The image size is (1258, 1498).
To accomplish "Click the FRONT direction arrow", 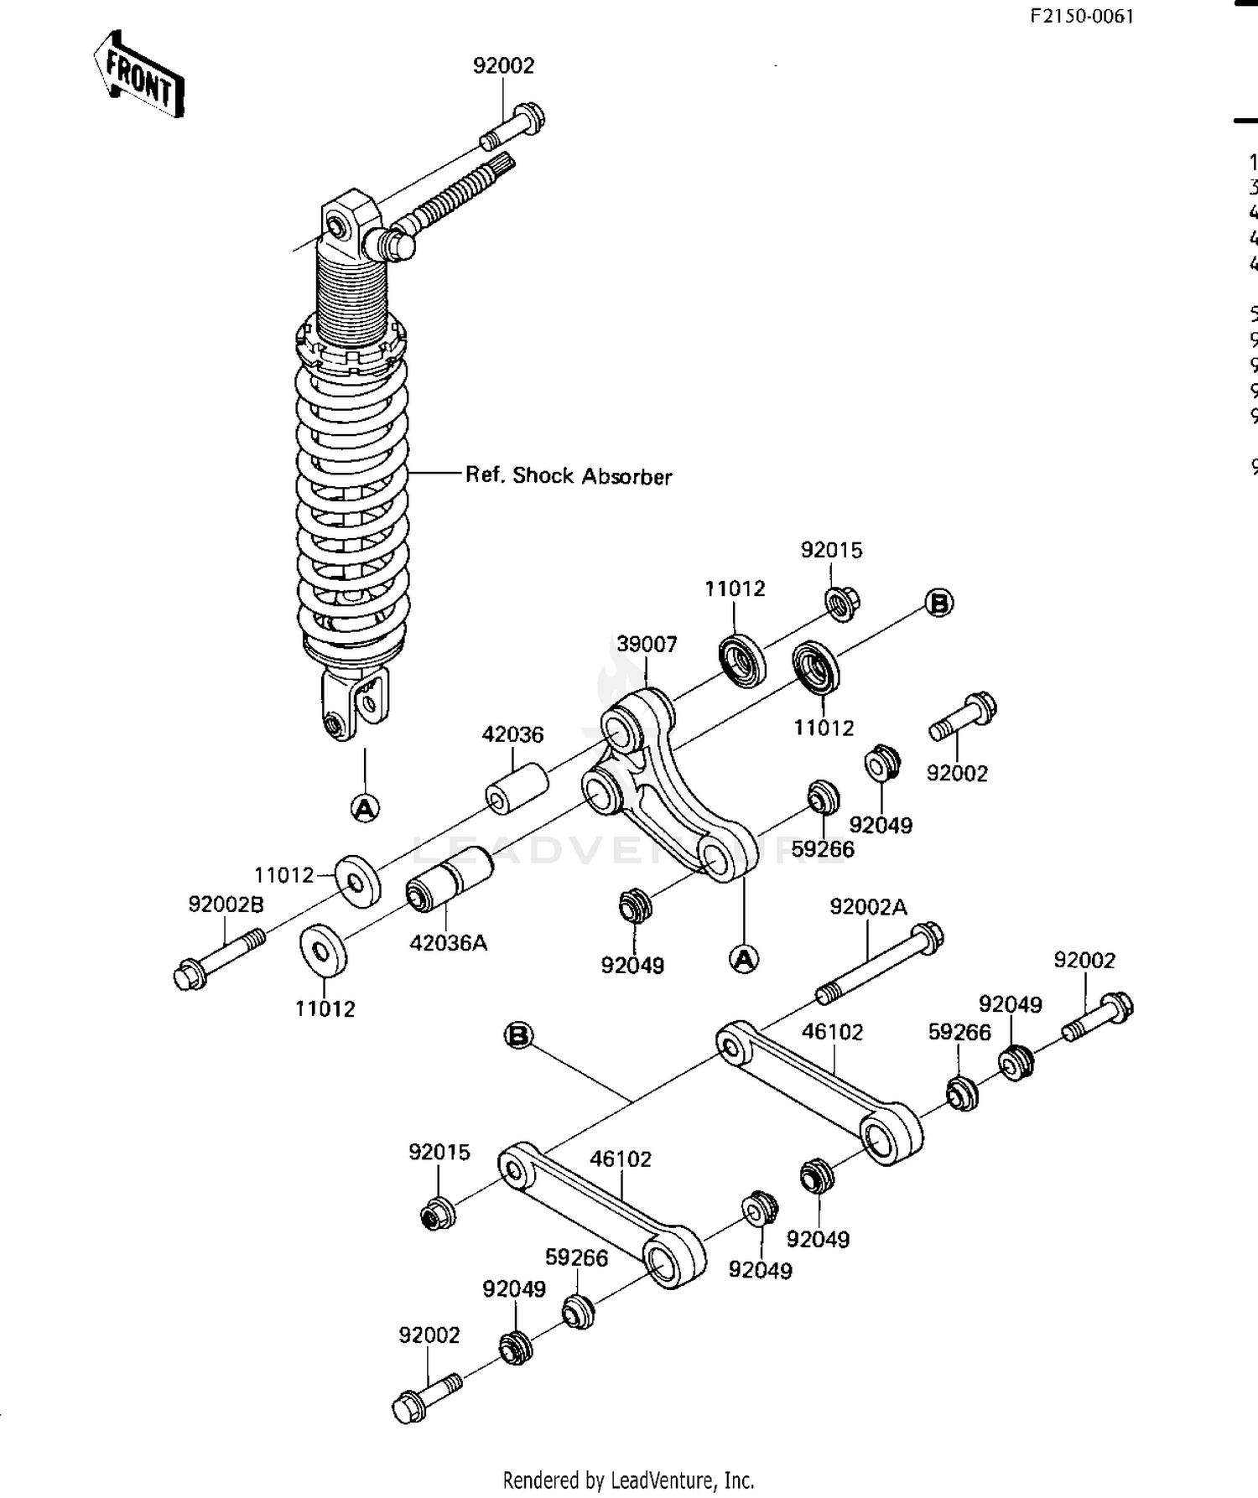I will click(138, 75).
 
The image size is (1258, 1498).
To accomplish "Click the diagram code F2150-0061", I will click(1082, 16).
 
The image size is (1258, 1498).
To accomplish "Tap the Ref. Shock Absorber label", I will click(569, 475).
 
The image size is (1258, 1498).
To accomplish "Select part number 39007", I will click(647, 644).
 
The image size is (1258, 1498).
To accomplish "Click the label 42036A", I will click(448, 942).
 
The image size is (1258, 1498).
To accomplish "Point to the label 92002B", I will click(226, 904).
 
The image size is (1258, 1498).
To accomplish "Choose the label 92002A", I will click(869, 906).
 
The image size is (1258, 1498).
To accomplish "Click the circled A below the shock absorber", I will click(365, 807).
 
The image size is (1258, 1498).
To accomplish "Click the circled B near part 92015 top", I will click(939, 603).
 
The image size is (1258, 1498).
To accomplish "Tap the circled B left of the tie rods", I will click(519, 1035).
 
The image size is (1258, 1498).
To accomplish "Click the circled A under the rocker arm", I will click(744, 958).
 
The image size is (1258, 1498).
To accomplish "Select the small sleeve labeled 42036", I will click(517, 788).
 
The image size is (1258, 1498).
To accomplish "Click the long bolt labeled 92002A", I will click(881, 964).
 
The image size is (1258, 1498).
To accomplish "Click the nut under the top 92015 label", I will click(842, 603).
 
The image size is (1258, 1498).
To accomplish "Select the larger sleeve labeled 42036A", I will click(449, 879).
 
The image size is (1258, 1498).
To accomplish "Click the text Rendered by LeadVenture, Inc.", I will click(628, 1480).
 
